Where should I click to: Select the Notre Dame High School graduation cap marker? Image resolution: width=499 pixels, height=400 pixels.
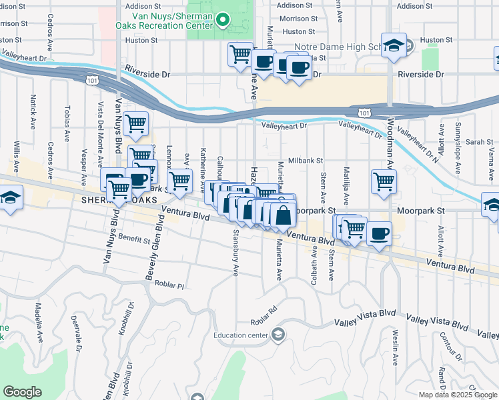pos(394,45)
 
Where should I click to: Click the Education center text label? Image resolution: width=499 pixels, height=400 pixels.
pos(243,335)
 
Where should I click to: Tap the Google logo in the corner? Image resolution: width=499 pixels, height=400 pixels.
pos(22,392)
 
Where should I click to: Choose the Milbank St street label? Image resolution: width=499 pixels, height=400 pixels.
pos(306,161)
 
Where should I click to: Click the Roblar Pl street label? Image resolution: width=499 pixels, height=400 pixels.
pos(169,285)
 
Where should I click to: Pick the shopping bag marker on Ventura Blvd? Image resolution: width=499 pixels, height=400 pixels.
pos(284,215)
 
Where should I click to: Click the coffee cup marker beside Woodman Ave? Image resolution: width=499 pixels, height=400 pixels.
pos(379,234)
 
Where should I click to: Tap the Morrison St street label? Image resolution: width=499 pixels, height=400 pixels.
pos(298,19)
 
